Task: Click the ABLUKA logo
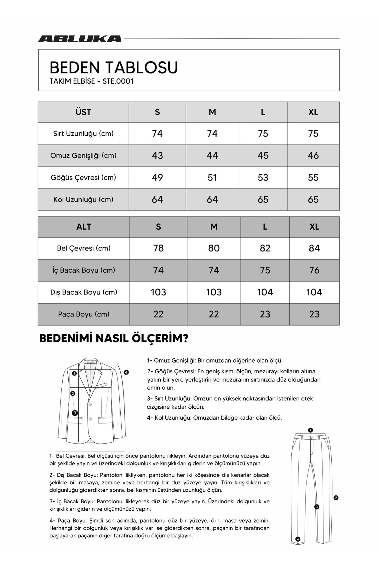(x=80, y=39)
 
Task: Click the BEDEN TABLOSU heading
(x=114, y=67)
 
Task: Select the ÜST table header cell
(x=83, y=112)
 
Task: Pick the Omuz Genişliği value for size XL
(x=313, y=156)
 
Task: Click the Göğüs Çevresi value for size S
(x=157, y=178)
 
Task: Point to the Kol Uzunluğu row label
(x=83, y=199)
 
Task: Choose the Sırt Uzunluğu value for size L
(x=263, y=133)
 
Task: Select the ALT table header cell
(x=83, y=227)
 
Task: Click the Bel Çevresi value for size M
(x=214, y=248)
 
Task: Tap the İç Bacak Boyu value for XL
(x=314, y=270)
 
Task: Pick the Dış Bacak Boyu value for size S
(x=158, y=292)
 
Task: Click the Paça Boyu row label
(x=83, y=314)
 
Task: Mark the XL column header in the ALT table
(x=314, y=227)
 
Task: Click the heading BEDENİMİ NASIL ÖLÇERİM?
(x=114, y=339)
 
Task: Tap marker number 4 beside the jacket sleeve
(x=126, y=372)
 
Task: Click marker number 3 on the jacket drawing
(x=75, y=413)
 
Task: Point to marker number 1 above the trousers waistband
(x=310, y=430)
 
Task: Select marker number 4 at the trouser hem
(x=298, y=539)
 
